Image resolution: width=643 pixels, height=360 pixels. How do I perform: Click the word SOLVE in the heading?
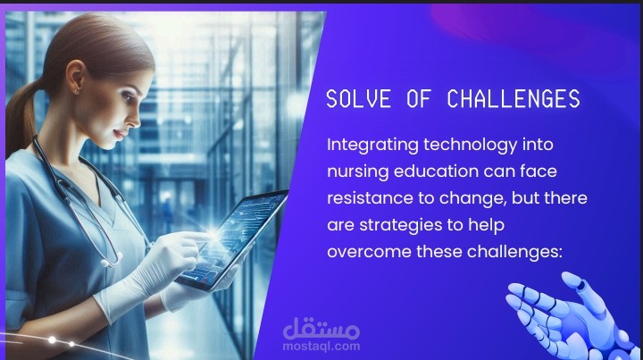point(358,99)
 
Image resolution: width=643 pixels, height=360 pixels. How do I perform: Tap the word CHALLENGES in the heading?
point(513,99)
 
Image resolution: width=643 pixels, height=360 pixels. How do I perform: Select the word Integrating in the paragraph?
point(372,146)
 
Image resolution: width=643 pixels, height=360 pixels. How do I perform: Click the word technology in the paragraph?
point(470,146)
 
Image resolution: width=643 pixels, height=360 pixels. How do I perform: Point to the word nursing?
point(357,172)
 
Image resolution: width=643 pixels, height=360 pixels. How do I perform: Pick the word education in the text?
point(436,171)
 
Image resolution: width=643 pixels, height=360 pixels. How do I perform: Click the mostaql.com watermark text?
point(321,346)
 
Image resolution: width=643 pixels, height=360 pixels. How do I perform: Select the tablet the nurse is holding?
point(232,239)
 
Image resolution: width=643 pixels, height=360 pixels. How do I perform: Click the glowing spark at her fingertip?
point(213,235)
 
